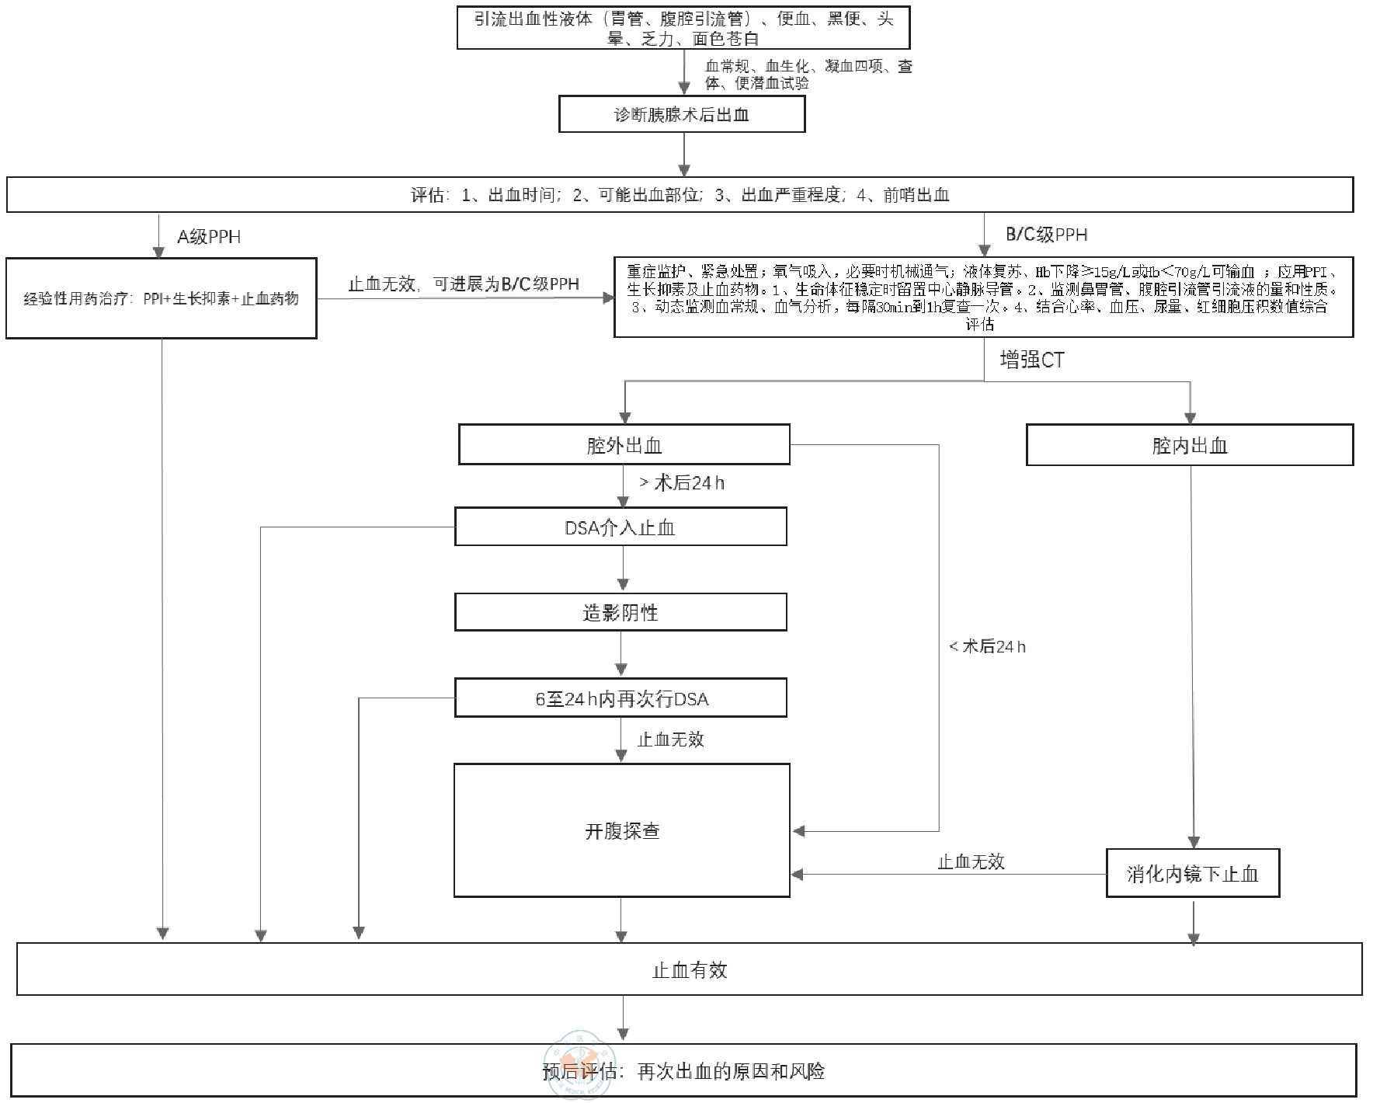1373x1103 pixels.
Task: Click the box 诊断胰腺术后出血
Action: (x=682, y=115)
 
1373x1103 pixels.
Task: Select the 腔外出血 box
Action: (x=624, y=445)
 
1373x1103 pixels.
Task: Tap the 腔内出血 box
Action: (x=1189, y=445)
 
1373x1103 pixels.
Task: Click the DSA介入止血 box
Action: (x=620, y=527)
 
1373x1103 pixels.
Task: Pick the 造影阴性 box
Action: (x=620, y=612)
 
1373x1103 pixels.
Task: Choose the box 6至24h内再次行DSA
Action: (x=620, y=698)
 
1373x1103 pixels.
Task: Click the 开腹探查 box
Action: (x=621, y=830)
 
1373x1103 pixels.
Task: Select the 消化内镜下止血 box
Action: (x=1192, y=874)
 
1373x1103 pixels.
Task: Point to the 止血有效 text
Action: (x=690, y=969)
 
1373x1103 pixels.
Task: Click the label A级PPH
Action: (x=209, y=237)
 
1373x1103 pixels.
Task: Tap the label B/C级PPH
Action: (x=1046, y=235)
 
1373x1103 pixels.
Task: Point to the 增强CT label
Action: (x=1031, y=360)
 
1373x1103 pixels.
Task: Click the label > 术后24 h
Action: (x=682, y=483)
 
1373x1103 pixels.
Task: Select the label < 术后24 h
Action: (x=987, y=646)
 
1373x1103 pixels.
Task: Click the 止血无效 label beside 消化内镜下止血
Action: (x=971, y=861)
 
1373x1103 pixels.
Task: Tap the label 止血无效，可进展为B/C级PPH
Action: (x=463, y=284)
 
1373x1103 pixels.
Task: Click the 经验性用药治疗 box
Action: (x=161, y=298)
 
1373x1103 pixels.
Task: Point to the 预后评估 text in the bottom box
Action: (x=579, y=1072)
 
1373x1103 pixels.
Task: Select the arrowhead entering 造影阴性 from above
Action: (x=622, y=585)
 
